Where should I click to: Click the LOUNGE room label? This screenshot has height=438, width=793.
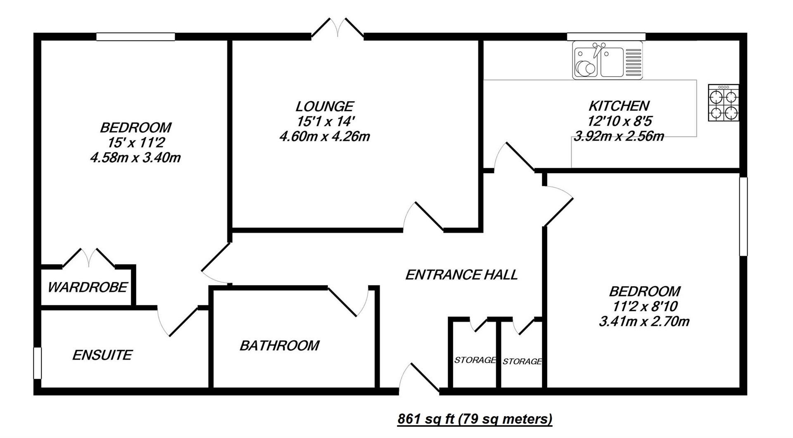pos(325,107)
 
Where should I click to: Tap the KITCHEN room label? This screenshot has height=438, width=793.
pos(619,106)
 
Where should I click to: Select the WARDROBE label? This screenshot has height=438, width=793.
pos(88,287)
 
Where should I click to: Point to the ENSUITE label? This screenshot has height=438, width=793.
pos(102,355)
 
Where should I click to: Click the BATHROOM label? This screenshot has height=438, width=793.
pos(280,345)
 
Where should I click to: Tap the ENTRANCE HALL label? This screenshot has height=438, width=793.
pos(461,275)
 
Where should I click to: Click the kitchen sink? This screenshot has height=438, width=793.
pos(607,61)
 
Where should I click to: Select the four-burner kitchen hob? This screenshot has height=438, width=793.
pos(724,102)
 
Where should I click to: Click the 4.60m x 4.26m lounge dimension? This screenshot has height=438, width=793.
pos(325,136)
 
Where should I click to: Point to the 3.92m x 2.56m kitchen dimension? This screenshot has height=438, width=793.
pos(619,136)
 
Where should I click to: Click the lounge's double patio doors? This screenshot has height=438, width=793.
pos(337,28)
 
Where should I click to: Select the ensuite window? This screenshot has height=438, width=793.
pos(38,363)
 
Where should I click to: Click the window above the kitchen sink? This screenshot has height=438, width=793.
pos(606,37)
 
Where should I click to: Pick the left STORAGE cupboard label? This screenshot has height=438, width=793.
pos(475,360)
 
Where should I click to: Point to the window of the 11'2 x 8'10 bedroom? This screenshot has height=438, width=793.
pos(743,217)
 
